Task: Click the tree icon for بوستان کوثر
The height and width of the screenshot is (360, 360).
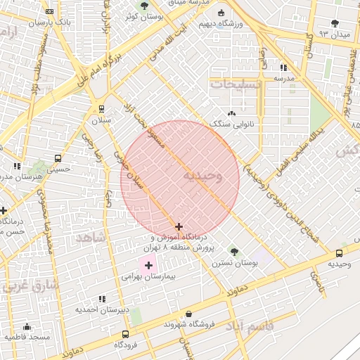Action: (144, 6)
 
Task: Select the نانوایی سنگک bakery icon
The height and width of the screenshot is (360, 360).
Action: (231, 113)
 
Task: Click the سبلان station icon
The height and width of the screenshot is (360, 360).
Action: (102, 109)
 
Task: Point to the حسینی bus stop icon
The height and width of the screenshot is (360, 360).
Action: (58, 158)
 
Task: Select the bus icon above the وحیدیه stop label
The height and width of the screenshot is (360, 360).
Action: (340, 253)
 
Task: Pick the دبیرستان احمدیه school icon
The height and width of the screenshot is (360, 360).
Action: (103, 299)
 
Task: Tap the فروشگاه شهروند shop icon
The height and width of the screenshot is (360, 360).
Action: (188, 314)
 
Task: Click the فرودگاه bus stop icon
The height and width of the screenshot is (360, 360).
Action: (125, 335)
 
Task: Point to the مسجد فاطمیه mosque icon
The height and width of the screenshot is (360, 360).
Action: (27, 327)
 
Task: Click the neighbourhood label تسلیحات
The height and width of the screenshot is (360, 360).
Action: (236, 84)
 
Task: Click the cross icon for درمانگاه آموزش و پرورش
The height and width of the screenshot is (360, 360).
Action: (179, 227)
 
